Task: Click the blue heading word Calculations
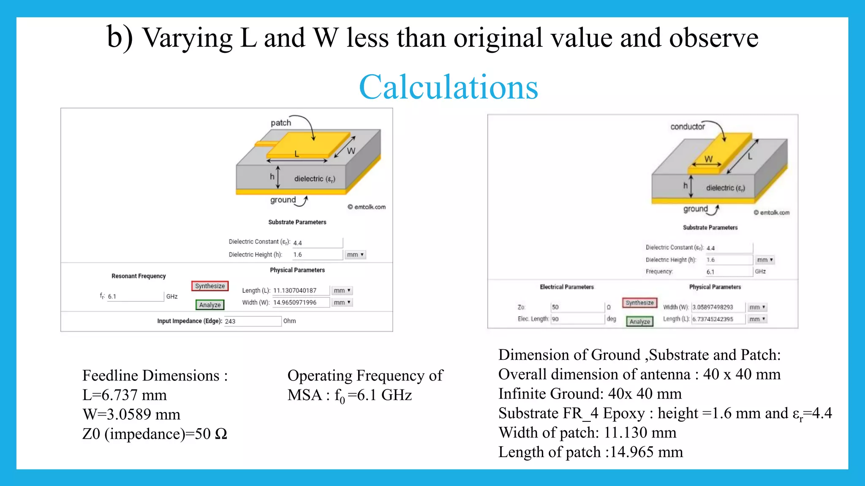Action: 448,87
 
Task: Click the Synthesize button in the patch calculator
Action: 210,286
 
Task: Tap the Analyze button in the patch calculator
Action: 210,305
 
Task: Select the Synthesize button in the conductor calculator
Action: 639,302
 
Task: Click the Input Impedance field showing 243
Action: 252,321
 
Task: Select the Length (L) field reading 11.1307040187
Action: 300,291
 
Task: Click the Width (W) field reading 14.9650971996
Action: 300,302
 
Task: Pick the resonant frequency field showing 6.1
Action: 135,297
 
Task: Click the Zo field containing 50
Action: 577,307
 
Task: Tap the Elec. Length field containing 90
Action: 577,319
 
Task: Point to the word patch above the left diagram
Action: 281,123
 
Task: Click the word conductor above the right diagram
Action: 688,127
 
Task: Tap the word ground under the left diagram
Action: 283,200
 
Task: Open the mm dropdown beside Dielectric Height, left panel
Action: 355,255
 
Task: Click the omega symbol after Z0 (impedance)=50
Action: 221,434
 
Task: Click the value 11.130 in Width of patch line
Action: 626,432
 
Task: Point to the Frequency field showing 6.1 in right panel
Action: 729,272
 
